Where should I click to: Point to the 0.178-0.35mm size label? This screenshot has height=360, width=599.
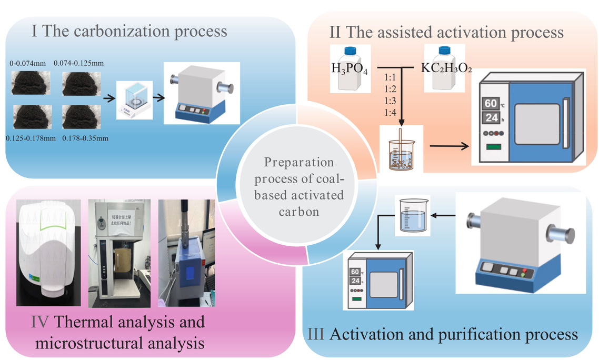point(86,138)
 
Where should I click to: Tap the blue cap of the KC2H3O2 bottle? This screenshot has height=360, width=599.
point(441,50)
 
